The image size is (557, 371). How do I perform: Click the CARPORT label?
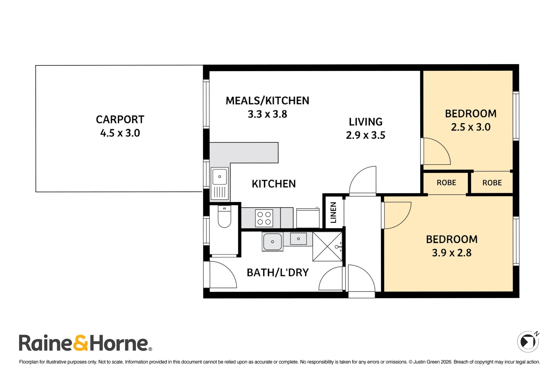click(120, 120)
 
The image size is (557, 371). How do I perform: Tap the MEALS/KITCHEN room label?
click(267, 101)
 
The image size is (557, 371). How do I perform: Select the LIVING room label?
click(366, 122)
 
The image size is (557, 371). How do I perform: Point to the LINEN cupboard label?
click(333, 212)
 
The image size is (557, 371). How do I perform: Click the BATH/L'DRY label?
click(278, 272)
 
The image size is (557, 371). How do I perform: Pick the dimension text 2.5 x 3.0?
click(471, 127)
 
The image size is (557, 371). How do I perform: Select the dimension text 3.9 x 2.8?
click(452, 253)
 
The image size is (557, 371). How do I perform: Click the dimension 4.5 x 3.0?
click(120, 133)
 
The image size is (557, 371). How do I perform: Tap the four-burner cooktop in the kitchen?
click(264, 218)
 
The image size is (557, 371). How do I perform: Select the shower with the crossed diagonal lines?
click(328, 247)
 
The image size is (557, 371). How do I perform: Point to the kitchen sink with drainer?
click(220, 183)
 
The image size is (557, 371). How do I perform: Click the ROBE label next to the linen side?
click(446, 183)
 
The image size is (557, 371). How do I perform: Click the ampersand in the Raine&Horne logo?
click(81, 343)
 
